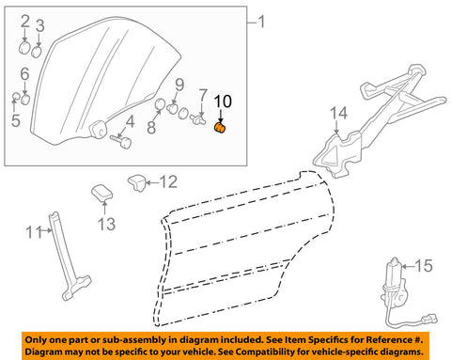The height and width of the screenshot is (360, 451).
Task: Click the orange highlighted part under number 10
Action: [x=220, y=128]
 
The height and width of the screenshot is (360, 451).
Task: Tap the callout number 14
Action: [x=338, y=113]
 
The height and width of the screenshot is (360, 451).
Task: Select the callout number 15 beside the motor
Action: [x=424, y=266]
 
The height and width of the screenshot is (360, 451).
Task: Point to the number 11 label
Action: [x=34, y=232]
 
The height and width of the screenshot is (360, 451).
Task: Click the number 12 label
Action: [x=168, y=182]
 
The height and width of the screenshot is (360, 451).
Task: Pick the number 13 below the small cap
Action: [x=106, y=224]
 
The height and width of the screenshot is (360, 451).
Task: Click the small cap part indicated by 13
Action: [x=101, y=192]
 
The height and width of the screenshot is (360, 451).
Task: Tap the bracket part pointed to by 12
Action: [x=137, y=182]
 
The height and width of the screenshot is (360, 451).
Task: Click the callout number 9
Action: [x=179, y=85]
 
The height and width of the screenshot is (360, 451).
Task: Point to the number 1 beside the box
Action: [x=260, y=22]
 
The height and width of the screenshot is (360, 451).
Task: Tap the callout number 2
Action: [x=25, y=21]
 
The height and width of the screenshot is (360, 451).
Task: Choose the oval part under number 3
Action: [x=37, y=52]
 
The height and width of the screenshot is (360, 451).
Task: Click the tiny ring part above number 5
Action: [x=16, y=96]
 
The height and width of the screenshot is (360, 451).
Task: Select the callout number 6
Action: [x=24, y=74]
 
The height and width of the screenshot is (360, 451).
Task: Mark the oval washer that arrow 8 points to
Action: [x=161, y=105]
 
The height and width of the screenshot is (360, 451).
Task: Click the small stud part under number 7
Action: [x=198, y=119]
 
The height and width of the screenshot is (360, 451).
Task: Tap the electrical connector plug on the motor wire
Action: [x=429, y=320]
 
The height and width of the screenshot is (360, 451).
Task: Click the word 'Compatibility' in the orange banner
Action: [x=274, y=352]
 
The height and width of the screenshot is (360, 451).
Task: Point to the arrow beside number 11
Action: [x=48, y=230]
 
